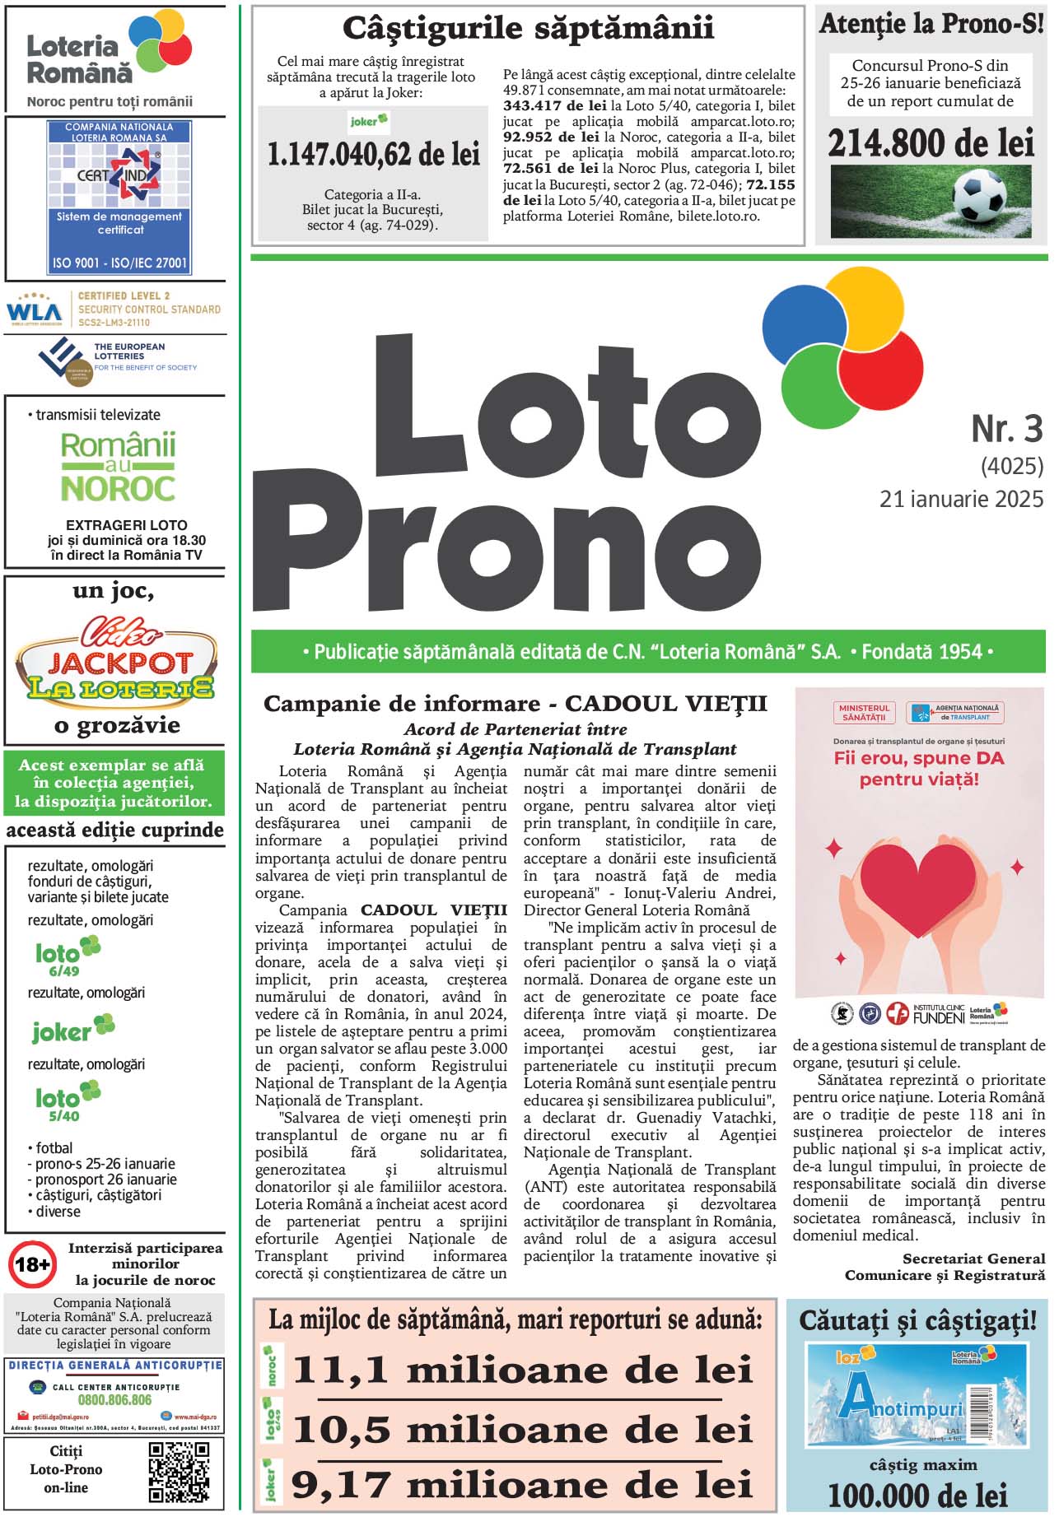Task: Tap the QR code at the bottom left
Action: tap(179, 1472)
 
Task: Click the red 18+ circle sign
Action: tap(32, 1263)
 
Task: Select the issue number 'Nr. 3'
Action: tap(1006, 429)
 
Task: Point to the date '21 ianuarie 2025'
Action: tap(961, 499)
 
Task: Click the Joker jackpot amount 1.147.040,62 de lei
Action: tap(373, 155)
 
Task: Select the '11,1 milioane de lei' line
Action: tap(523, 1370)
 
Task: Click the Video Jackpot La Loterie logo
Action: tap(115, 661)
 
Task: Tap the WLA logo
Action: tap(34, 310)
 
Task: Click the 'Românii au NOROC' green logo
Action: tap(118, 468)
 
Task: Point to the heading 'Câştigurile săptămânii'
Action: tap(528, 28)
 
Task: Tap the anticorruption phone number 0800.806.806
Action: tap(114, 1399)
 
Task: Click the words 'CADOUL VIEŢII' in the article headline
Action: tap(665, 704)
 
